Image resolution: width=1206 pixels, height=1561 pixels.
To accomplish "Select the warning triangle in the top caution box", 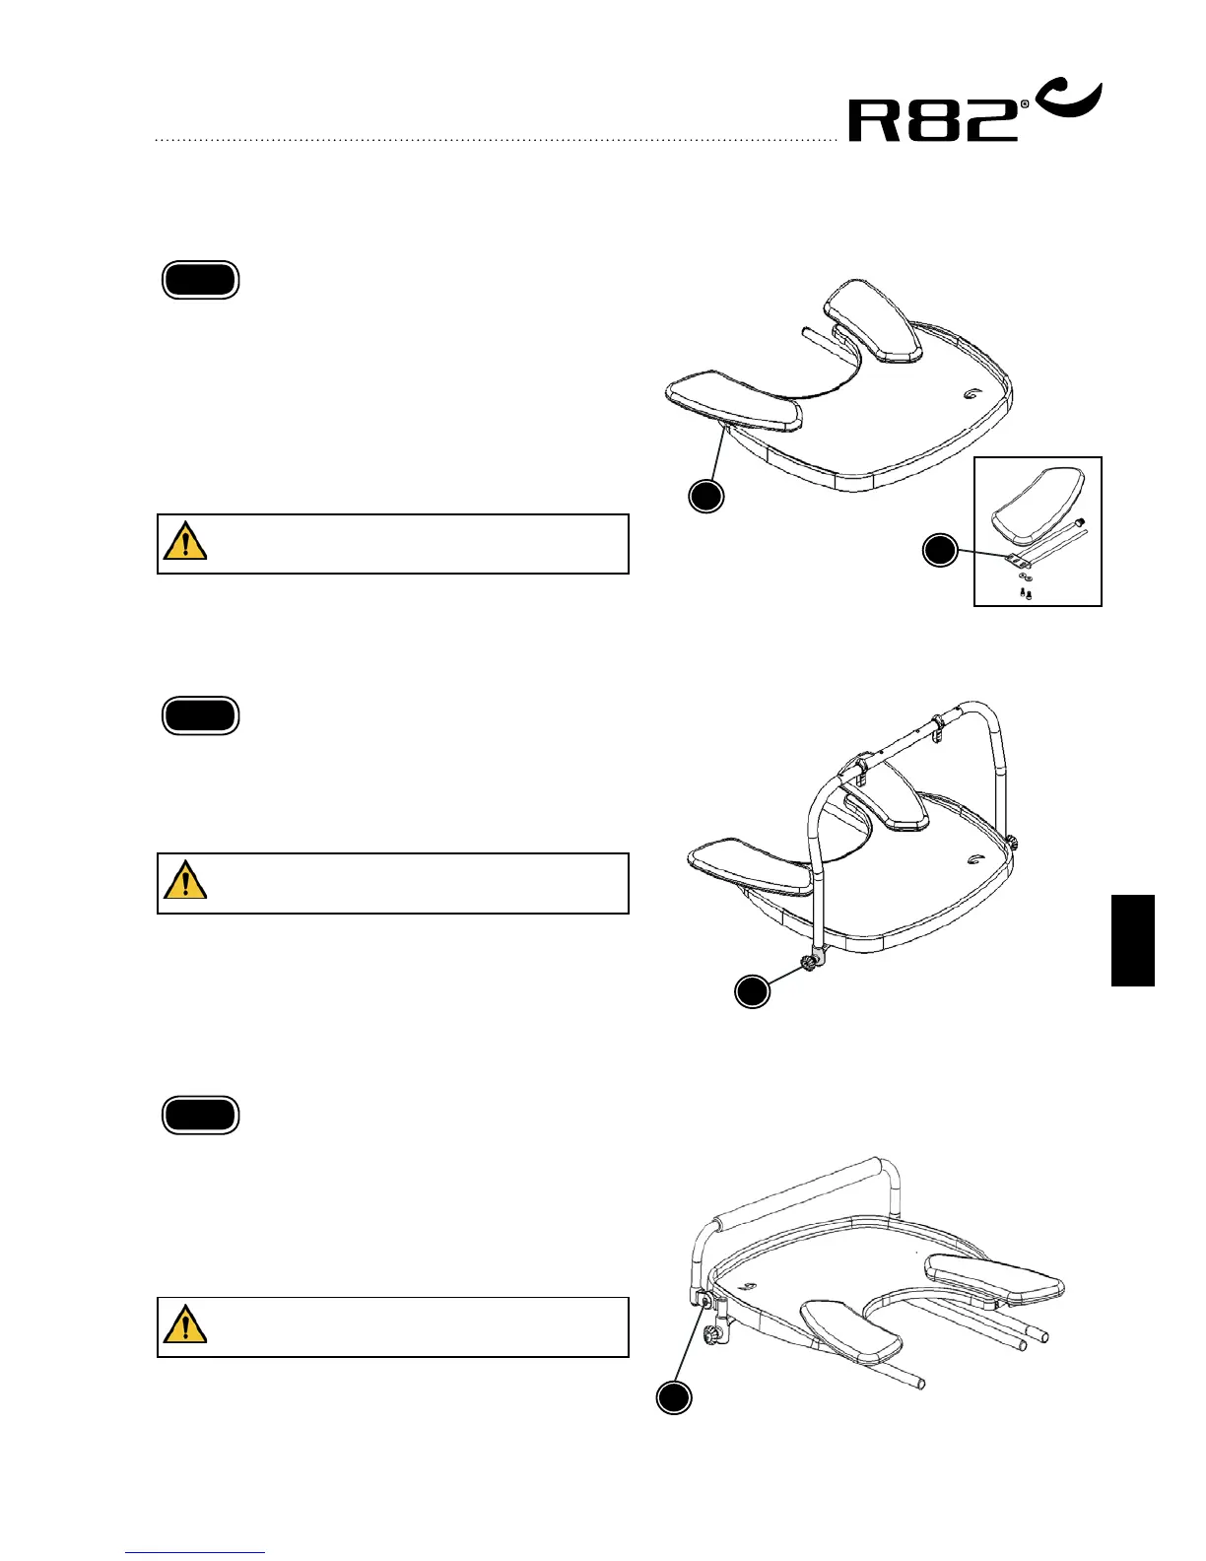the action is (x=185, y=542).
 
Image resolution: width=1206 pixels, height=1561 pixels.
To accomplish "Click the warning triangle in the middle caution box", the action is (x=185, y=881).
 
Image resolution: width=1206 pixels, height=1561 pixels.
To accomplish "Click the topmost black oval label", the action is (x=200, y=281).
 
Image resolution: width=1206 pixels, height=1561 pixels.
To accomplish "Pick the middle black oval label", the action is (x=200, y=716).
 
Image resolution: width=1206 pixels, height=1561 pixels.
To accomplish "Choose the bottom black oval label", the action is (x=200, y=1116).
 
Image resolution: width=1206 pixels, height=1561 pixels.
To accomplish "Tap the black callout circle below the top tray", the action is (x=705, y=496).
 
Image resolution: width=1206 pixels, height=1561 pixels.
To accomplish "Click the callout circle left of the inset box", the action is (x=940, y=550).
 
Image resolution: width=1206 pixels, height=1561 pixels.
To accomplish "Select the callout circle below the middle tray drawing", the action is (x=753, y=991).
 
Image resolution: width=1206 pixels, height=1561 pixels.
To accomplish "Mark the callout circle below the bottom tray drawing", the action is (x=674, y=1398).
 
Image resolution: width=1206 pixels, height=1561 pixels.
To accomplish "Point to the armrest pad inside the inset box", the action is (x=1038, y=507).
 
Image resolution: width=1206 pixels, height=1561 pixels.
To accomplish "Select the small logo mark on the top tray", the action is (x=971, y=393).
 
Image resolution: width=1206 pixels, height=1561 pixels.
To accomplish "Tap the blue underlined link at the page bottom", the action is (x=195, y=1553).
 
